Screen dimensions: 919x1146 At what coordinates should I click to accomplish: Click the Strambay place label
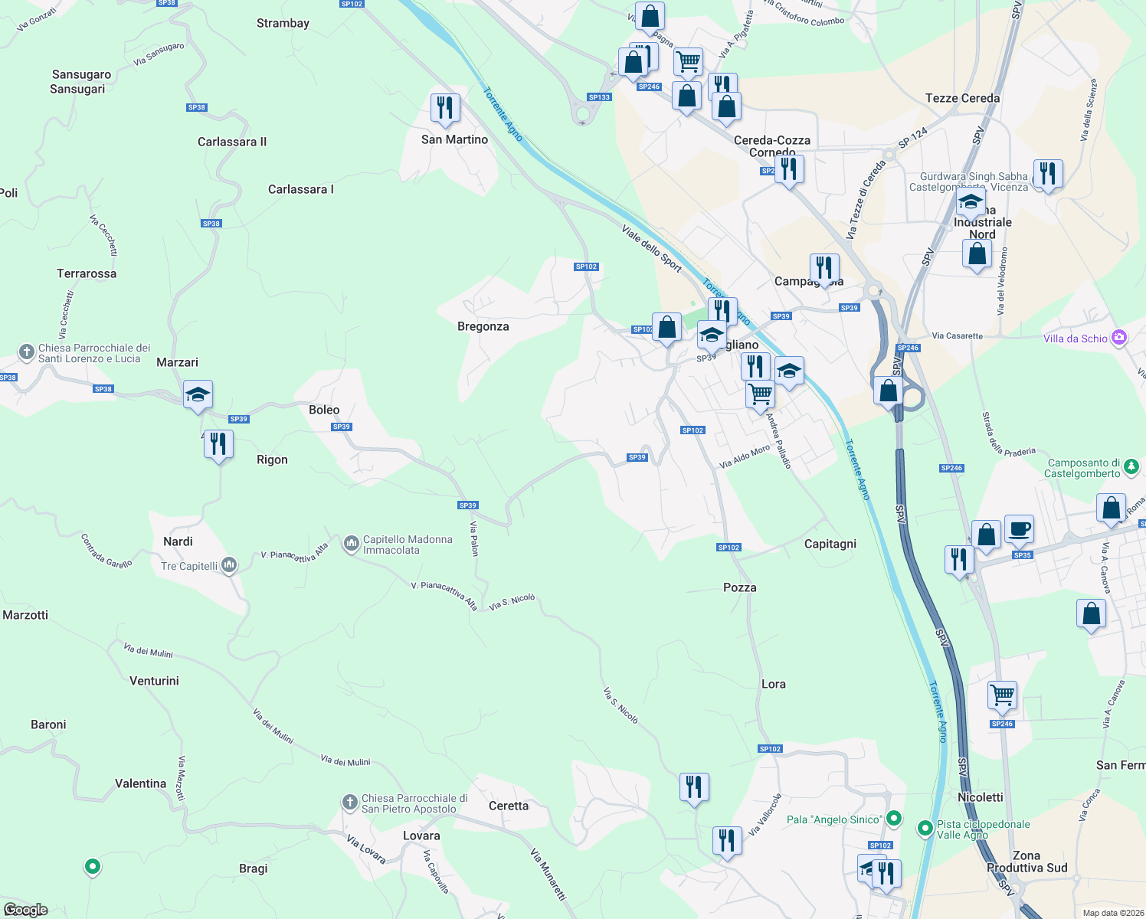pyautogui.click(x=283, y=23)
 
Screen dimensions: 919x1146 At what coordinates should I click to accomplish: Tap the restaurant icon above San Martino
pyautogui.click(x=445, y=108)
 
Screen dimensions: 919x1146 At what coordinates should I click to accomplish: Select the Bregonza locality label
pyautogui.click(x=483, y=326)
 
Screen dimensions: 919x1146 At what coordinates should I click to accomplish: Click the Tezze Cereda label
pyautogui.click(x=962, y=98)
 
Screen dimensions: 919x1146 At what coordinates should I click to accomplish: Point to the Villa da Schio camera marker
pyautogui.click(x=1119, y=338)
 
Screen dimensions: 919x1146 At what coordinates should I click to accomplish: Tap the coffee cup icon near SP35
pyautogui.click(x=1019, y=528)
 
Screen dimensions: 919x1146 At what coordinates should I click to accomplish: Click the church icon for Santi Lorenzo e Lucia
pyautogui.click(x=27, y=352)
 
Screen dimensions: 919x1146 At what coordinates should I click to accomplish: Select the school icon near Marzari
pyautogui.click(x=198, y=395)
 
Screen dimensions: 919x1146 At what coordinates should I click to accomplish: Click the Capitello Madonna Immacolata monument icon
pyautogui.click(x=352, y=544)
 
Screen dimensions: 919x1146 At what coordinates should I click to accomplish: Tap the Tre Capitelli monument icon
pyautogui.click(x=228, y=565)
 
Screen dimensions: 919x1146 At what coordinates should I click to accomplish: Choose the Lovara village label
pyautogui.click(x=421, y=836)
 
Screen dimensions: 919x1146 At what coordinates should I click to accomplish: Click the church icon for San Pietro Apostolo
pyautogui.click(x=349, y=803)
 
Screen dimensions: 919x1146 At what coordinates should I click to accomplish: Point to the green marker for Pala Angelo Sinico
pyautogui.click(x=893, y=819)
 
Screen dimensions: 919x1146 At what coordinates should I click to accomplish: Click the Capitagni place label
pyautogui.click(x=830, y=544)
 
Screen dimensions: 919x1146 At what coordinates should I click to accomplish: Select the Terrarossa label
pyautogui.click(x=87, y=273)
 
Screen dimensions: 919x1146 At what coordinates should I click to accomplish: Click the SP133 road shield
pyautogui.click(x=599, y=97)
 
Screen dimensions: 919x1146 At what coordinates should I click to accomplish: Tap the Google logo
pyautogui.click(x=26, y=910)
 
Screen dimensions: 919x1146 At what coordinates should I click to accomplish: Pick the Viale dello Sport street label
pyautogui.click(x=651, y=249)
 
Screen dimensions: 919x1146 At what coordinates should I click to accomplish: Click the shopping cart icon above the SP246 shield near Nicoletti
pyautogui.click(x=1002, y=695)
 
